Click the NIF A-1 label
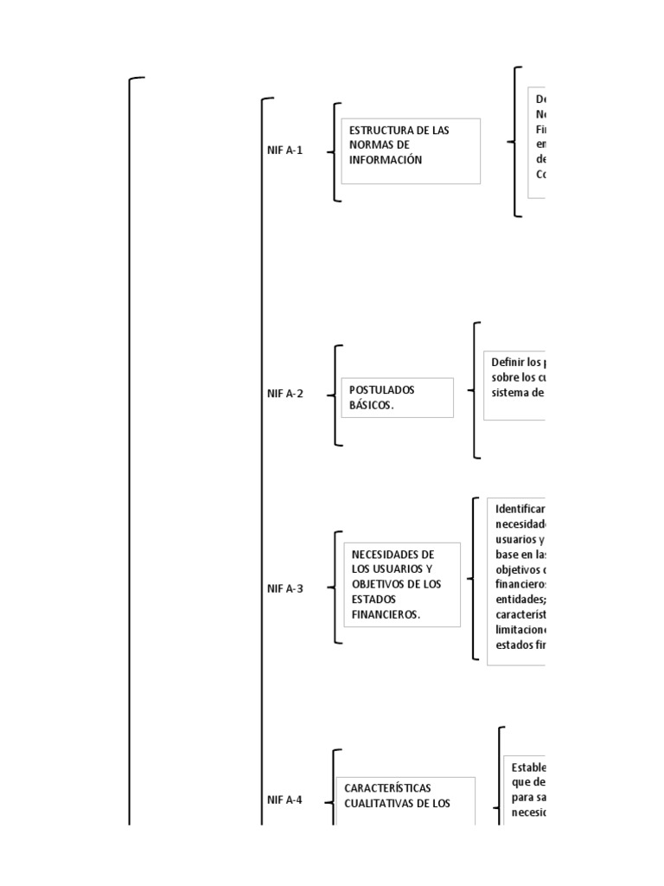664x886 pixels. [284, 150]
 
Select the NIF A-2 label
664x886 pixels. [284, 394]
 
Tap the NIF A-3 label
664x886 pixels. [284, 588]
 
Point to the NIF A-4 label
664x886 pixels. [284, 799]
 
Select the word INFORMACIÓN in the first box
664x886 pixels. [386, 159]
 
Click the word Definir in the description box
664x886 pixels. [507, 363]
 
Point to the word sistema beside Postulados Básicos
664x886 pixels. [510, 392]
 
